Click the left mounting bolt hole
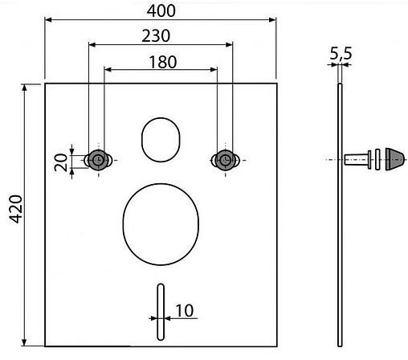pos(97,159)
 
